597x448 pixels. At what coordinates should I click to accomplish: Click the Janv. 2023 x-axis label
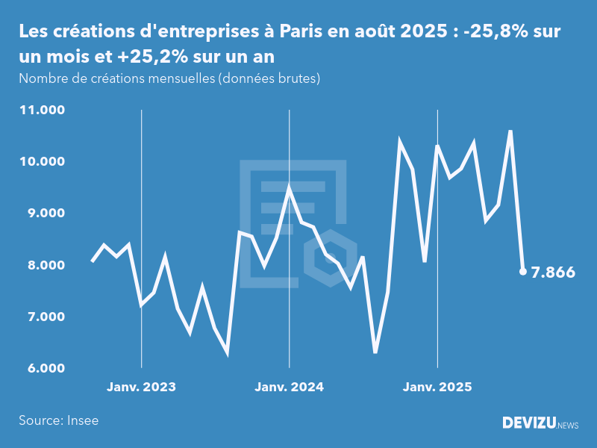pyautogui.click(x=142, y=388)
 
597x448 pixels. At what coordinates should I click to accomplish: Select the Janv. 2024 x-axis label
pyautogui.click(x=290, y=388)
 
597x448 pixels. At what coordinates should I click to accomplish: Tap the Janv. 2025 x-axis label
pyautogui.click(x=437, y=388)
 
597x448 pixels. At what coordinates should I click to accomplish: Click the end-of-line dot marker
pyautogui.click(x=523, y=272)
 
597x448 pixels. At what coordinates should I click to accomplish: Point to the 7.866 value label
pyautogui.click(x=553, y=273)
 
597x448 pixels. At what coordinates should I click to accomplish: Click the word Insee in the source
pyautogui.click(x=81, y=420)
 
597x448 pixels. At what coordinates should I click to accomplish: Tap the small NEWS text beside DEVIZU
pyautogui.click(x=568, y=425)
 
